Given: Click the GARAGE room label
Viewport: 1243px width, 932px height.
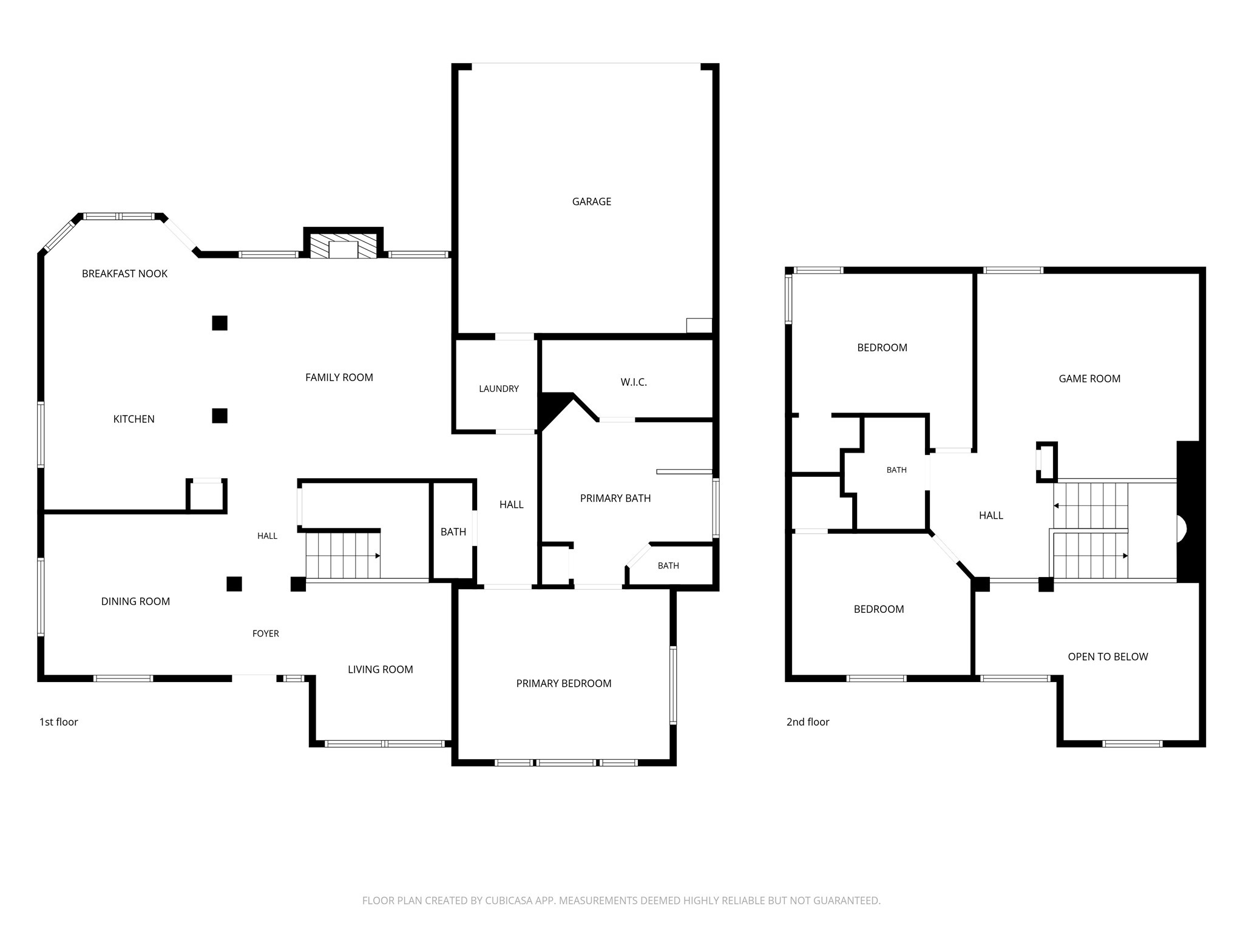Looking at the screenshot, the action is (591, 201).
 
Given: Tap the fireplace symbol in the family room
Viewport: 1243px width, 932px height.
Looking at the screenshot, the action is (344, 244).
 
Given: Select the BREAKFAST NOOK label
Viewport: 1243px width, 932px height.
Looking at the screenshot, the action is (124, 274).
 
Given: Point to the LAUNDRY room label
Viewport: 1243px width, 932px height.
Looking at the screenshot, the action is (499, 389).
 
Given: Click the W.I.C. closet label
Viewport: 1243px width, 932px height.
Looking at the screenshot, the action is (634, 382).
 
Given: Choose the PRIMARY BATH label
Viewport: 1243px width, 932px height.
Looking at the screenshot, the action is (615, 498).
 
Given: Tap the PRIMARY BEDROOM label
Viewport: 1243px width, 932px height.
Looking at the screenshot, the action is (564, 683).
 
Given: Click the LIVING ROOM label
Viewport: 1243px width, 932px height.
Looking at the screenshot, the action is (381, 669).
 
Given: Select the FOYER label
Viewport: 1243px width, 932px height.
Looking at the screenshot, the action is (266, 633).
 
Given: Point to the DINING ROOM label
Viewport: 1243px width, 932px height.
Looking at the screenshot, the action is (135, 601).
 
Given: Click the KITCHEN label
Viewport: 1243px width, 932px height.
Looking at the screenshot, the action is (134, 419).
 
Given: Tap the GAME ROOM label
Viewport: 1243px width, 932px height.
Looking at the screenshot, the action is (1089, 379).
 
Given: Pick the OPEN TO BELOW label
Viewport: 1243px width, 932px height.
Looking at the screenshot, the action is (1108, 657).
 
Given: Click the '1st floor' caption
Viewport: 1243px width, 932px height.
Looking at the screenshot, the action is (59, 721).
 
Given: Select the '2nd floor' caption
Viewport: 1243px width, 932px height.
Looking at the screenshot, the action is (808, 721).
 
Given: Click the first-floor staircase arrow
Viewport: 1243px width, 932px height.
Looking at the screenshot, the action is (343, 555).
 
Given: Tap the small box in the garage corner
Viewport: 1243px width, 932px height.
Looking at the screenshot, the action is (699, 325).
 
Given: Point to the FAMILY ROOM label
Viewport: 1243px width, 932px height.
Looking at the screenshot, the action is (339, 377).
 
